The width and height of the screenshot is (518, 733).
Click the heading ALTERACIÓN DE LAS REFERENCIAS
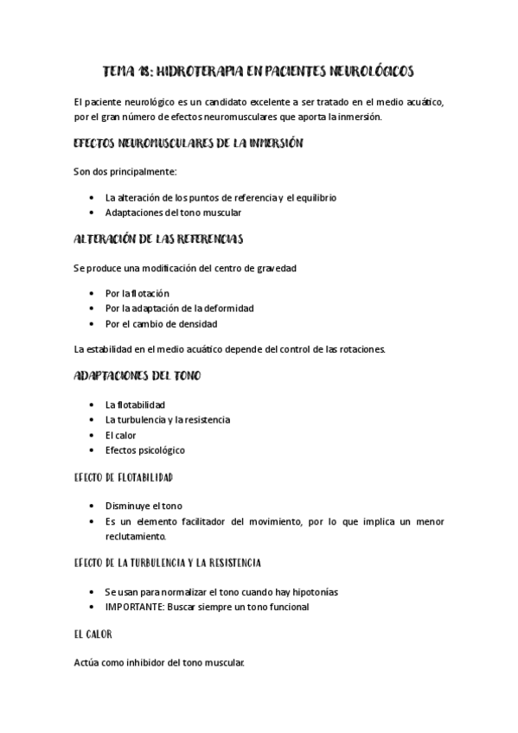(x=158, y=238)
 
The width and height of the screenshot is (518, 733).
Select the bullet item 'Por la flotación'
(x=137, y=293)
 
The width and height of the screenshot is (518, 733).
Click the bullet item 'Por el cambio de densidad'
(x=161, y=324)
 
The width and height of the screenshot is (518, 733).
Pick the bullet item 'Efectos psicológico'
(x=144, y=450)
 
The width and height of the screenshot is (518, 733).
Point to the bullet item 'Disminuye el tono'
(x=144, y=506)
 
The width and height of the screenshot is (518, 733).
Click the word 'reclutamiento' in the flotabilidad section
(x=135, y=536)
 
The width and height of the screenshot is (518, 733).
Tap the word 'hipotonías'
(x=313, y=592)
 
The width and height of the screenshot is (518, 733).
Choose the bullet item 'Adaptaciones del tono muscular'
(x=173, y=213)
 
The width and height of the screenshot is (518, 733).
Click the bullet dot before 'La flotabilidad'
(x=93, y=404)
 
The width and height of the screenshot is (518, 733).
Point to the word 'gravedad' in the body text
(x=277, y=268)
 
